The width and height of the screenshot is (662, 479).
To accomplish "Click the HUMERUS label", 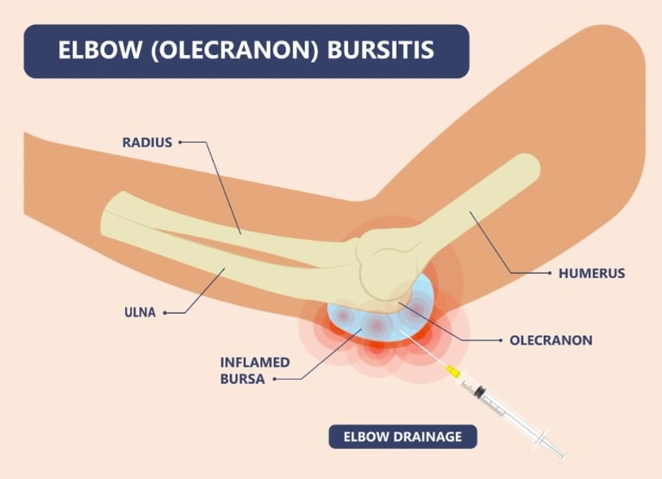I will click(592, 273).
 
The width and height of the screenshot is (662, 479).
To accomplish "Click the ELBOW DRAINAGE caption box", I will click(402, 437).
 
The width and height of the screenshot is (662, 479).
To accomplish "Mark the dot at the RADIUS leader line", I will click(180, 143).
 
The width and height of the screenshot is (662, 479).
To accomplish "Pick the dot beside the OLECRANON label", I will click(501, 339).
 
